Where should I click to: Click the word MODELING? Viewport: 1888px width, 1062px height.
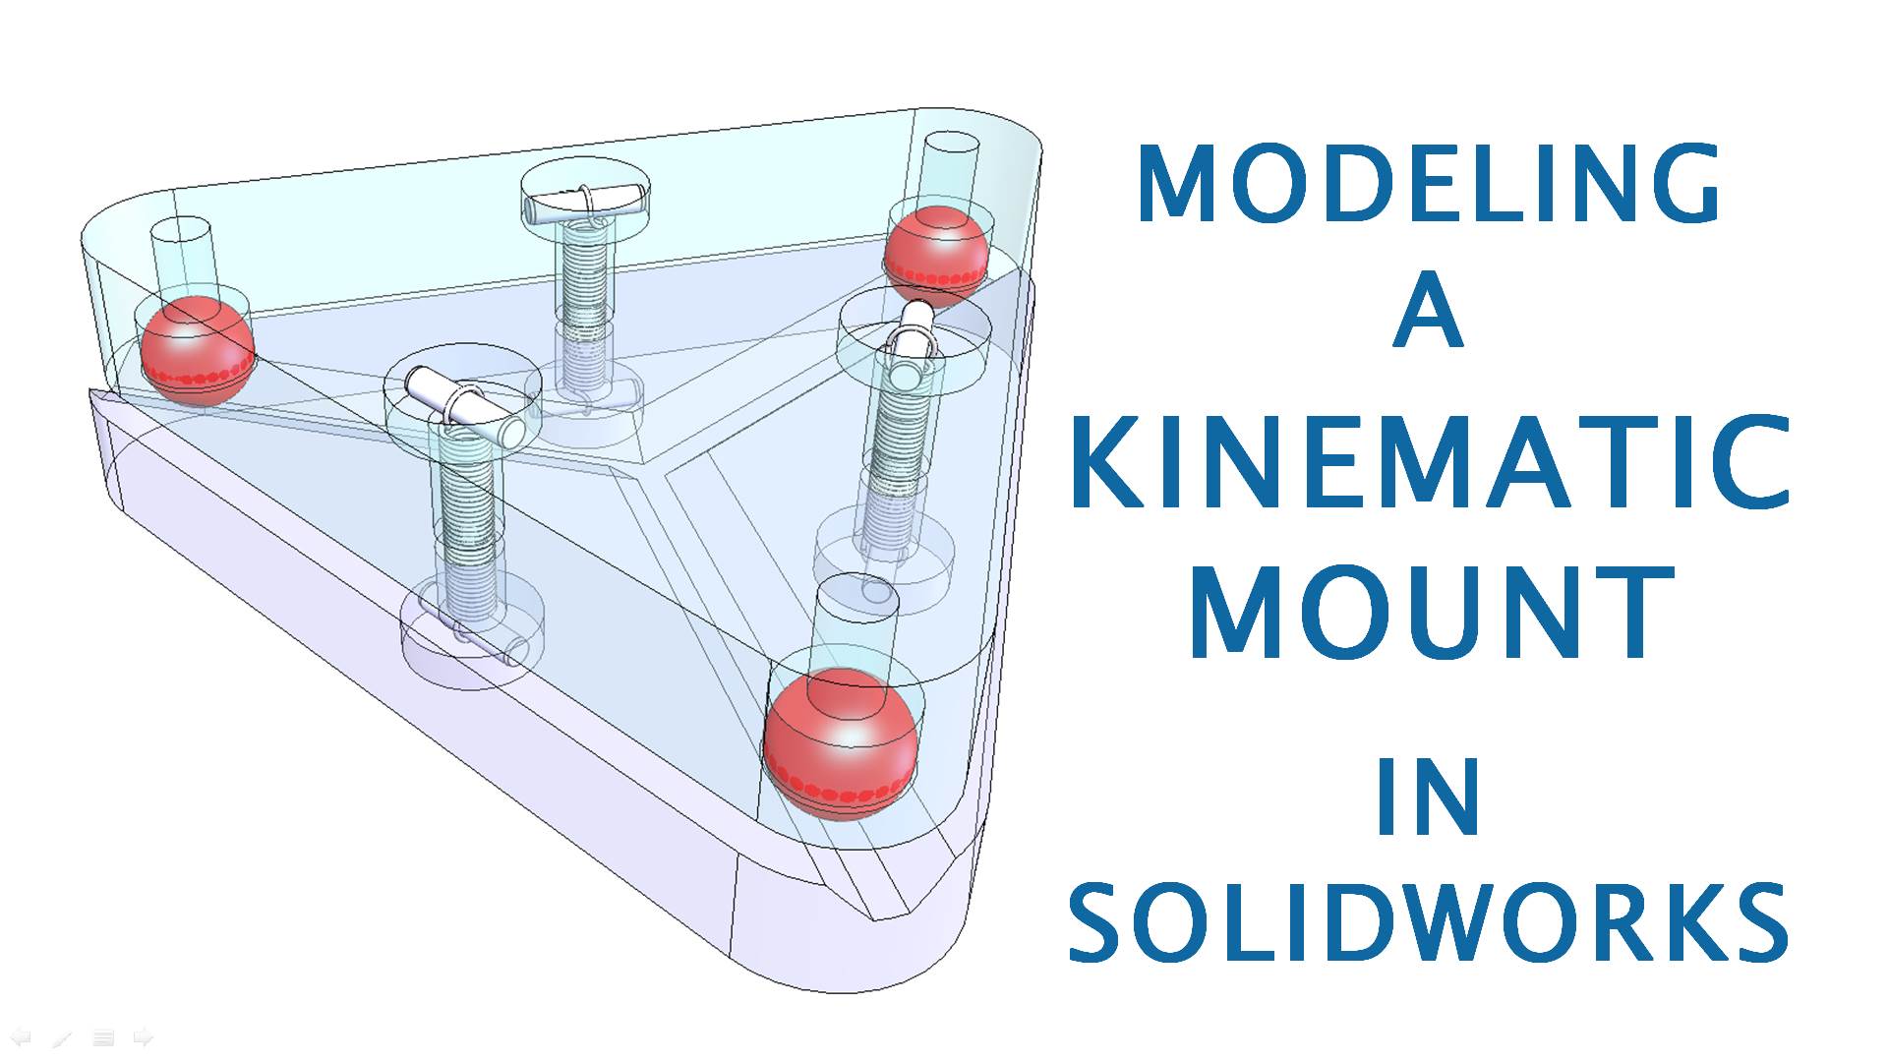(x=1428, y=184)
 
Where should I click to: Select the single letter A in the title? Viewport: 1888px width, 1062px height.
(x=1429, y=312)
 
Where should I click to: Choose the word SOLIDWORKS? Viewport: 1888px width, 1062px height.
(x=1428, y=922)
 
